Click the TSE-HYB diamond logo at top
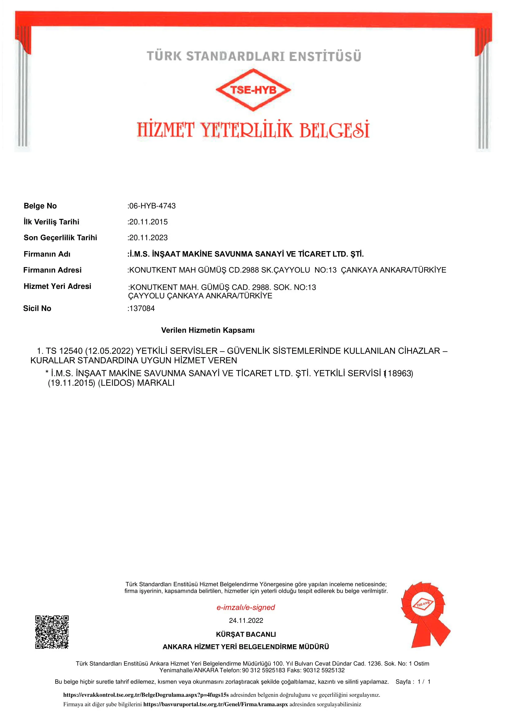click(x=253, y=90)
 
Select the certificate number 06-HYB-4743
click(x=152, y=206)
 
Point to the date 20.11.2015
click(x=148, y=222)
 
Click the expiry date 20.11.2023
click(x=148, y=238)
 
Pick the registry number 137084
click(x=142, y=308)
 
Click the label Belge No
click(x=40, y=206)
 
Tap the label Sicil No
click(x=37, y=308)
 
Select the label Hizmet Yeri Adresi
click(x=57, y=286)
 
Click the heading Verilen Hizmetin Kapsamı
click(x=208, y=330)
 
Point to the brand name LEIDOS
click(x=116, y=383)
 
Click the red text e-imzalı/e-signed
click(x=246, y=607)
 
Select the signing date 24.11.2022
click(x=246, y=620)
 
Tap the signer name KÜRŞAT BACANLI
click(x=246, y=634)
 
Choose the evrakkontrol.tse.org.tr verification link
click(x=146, y=695)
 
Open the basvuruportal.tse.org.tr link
click(x=215, y=704)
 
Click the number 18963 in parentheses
click(x=399, y=373)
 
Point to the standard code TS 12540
click(x=64, y=351)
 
